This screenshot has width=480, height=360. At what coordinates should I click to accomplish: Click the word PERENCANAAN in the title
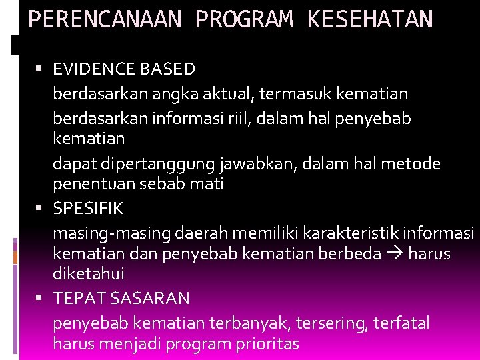[x=104, y=19]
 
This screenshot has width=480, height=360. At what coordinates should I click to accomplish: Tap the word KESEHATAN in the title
[x=369, y=19]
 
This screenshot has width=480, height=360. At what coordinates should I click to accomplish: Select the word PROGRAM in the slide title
[x=243, y=19]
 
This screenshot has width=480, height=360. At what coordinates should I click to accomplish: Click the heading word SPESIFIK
[x=88, y=208]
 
